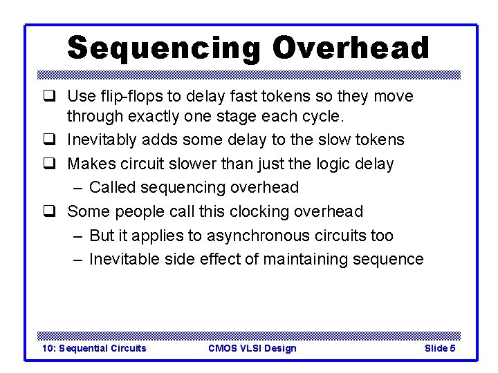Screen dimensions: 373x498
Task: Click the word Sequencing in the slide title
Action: (x=163, y=48)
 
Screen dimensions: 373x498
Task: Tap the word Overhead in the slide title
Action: (x=351, y=48)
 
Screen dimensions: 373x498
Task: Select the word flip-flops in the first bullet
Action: (x=126, y=96)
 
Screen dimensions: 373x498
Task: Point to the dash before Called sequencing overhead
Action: (x=77, y=188)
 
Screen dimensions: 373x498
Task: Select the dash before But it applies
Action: (x=77, y=236)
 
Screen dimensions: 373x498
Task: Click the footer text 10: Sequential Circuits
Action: (x=95, y=348)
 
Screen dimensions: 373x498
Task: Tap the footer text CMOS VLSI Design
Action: (x=252, y=348)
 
